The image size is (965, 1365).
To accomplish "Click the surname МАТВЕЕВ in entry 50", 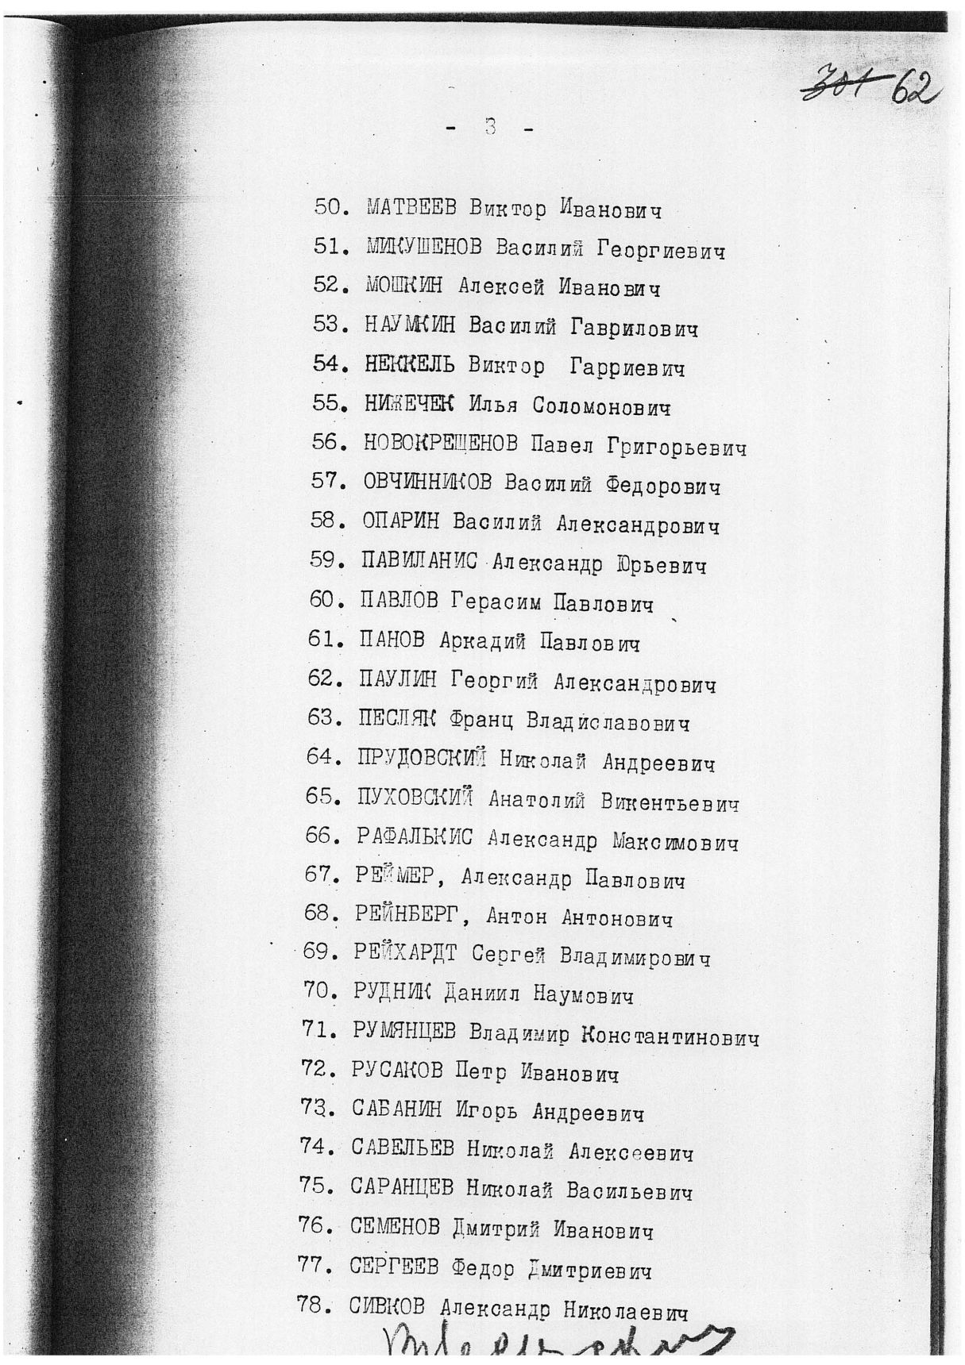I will tap(411, 209).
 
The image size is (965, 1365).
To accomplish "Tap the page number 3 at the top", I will tap(490, 127).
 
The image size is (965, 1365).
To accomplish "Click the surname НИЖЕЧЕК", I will tap(408, 405).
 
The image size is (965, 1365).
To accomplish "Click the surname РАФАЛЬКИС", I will tap(415, 837).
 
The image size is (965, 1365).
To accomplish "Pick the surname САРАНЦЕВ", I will tap(402, 1188).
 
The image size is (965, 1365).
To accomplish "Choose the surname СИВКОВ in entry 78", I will tap(388, 1307).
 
